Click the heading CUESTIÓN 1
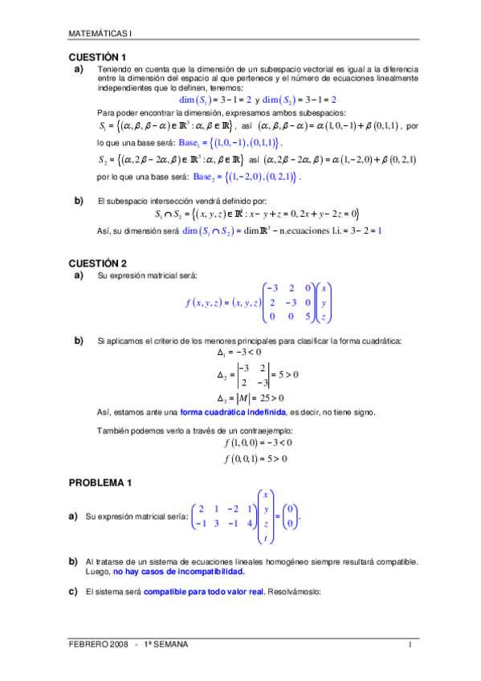(97, 58)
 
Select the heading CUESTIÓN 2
(97, 263)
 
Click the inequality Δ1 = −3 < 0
(239, 352)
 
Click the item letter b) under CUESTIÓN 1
(79, 199)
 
